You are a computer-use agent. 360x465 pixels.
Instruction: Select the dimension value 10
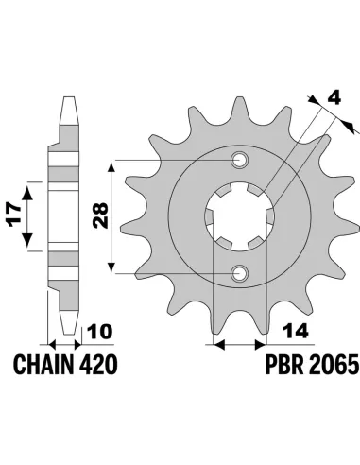pyautogui.click(x=97, y=331)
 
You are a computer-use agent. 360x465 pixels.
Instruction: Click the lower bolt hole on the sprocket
pyautogui.click(x=238, y=273)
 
